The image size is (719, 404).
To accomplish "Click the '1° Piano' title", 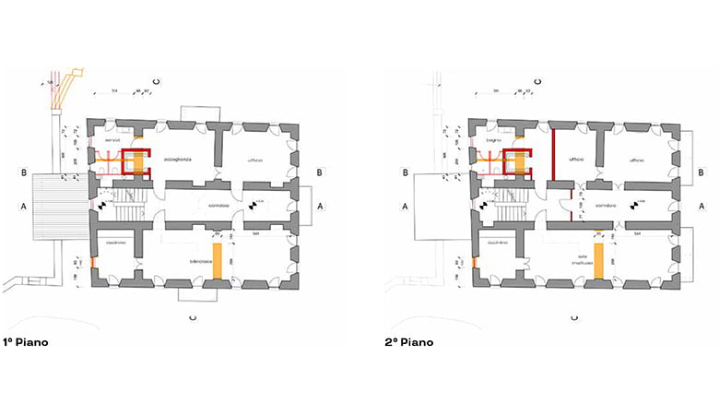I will tap(26, 342).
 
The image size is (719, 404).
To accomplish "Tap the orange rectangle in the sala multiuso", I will tap(598, 261).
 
